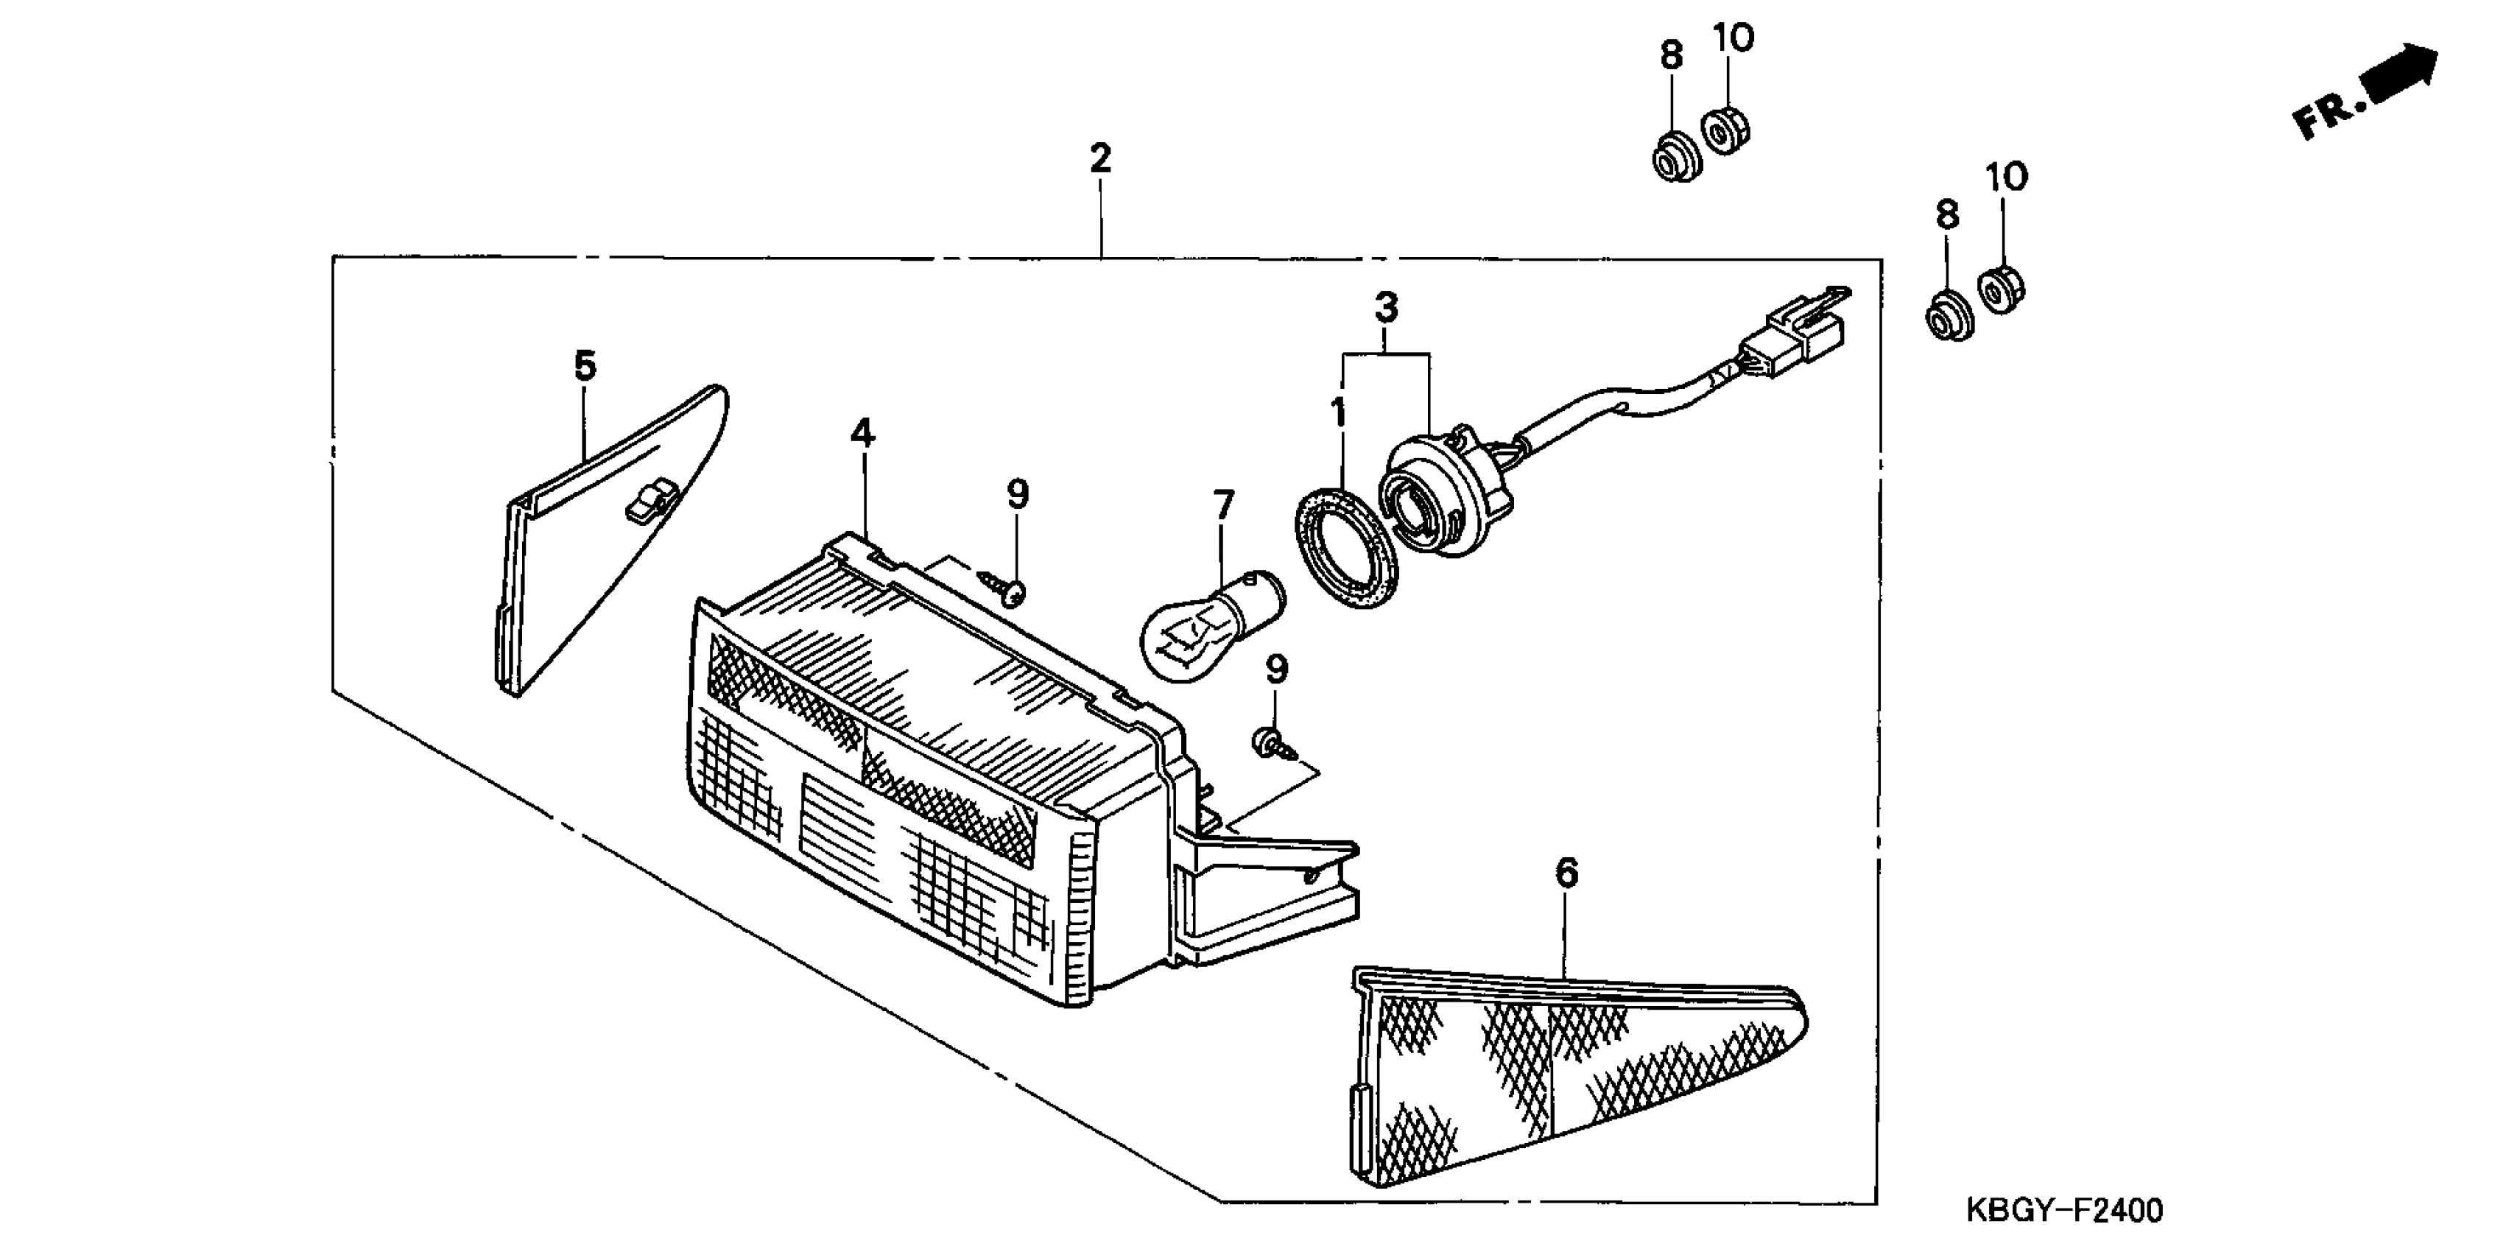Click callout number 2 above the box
(x=1100, y=158)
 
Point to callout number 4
(x=862, y=434)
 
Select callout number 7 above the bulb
(x=1223, y=505)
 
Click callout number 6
(x=1566, y=873)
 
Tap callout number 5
(x=584, y=366)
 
